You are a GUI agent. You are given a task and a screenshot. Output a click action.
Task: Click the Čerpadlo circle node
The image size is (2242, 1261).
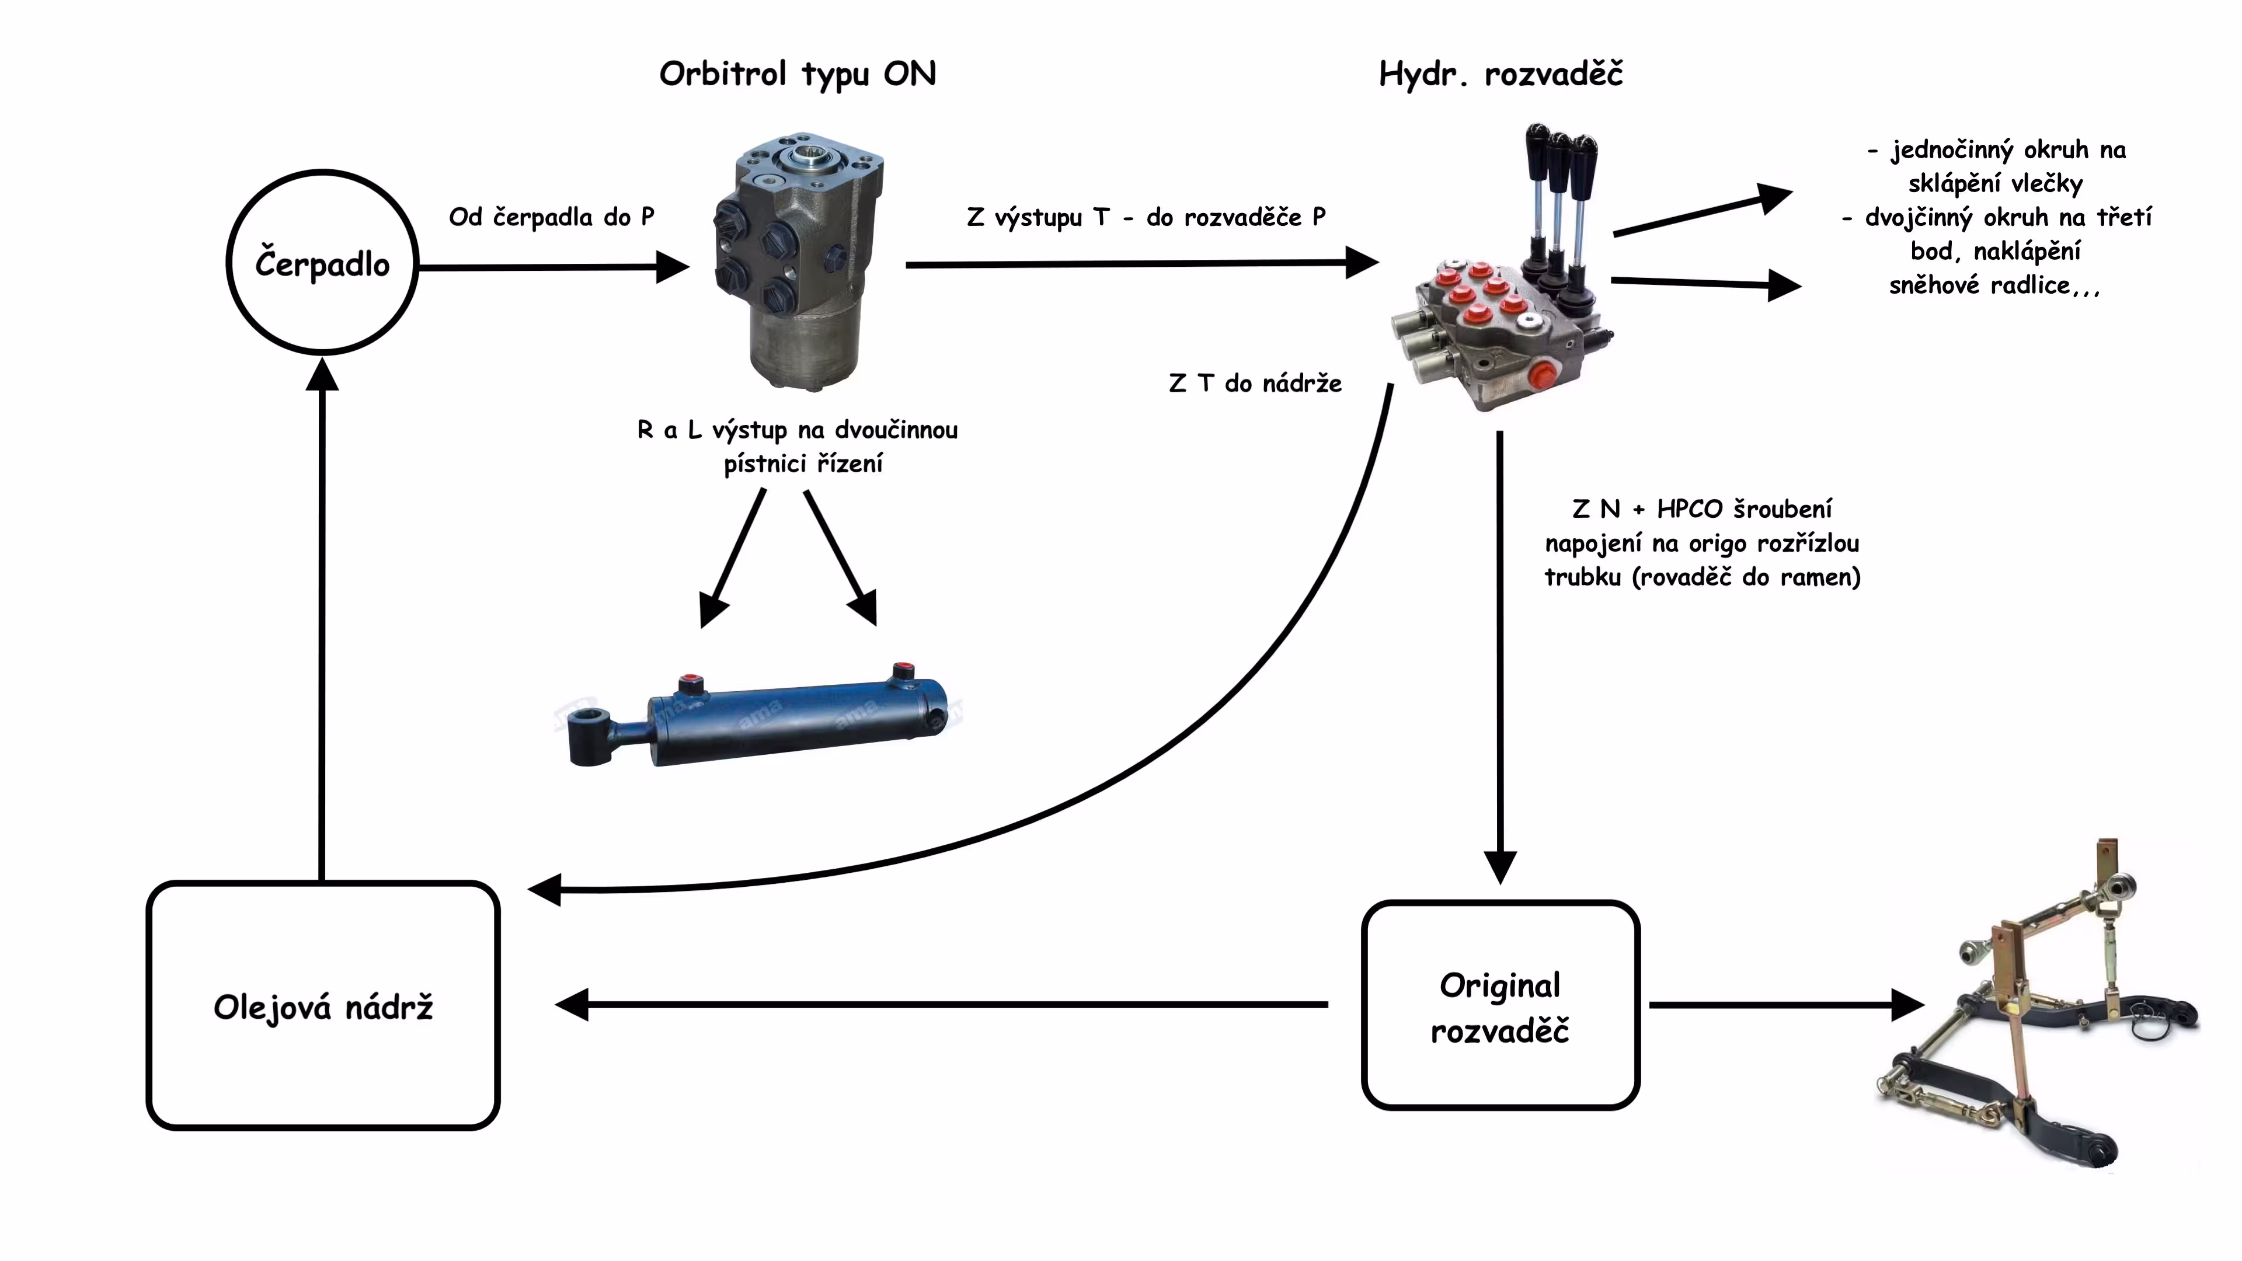[x=322, y=263]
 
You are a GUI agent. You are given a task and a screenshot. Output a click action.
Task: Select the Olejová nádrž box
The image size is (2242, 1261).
[x=323, y=1006]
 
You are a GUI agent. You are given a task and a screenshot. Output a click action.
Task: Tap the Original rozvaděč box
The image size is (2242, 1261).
[x=1499, y=1006]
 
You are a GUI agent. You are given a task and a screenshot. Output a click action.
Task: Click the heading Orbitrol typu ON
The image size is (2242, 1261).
[x=797, y=74]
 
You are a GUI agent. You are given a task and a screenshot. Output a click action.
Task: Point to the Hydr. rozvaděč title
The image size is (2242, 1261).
[x=1501, y=74]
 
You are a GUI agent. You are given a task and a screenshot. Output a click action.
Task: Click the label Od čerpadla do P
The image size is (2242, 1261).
[x=551, y=217]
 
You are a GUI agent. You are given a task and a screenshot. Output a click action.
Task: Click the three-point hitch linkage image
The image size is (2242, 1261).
[x=2036, y=1009]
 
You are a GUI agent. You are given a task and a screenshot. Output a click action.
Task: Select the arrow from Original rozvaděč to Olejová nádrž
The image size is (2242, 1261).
[x=940, y=1004]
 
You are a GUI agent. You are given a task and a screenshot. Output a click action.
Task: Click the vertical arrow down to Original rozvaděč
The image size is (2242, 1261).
[x=1499, y=653]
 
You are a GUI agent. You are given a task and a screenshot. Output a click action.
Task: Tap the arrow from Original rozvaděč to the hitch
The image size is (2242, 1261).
[x=1784, y=1004]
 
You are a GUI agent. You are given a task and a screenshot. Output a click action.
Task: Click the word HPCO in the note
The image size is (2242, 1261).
[x=1689, y=509]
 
